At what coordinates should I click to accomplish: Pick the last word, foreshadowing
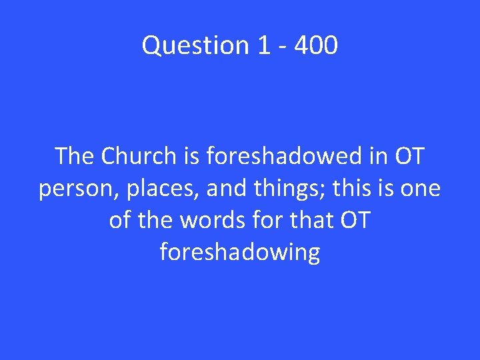tap(240, 253)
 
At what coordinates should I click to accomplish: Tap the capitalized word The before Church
tap(75, 157)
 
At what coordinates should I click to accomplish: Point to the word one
tap(421, 189)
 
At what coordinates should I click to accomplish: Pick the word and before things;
tap(226, 189)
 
